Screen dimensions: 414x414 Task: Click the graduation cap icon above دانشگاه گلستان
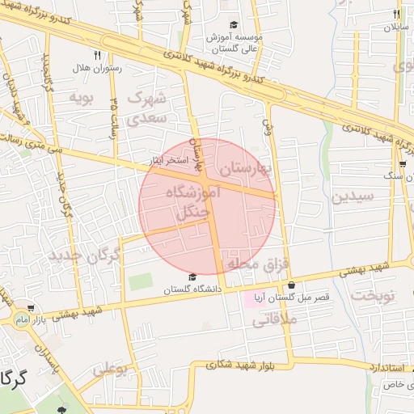point(192,277)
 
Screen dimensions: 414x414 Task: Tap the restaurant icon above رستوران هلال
point(97,56)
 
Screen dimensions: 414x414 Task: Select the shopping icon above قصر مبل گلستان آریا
point(291,285)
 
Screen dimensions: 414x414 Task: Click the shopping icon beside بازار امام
point(31,309)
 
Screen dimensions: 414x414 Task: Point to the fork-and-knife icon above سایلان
point(396,14)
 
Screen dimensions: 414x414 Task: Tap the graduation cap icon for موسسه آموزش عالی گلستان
point(234,25)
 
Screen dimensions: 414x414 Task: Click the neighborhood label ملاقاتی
point(276,320)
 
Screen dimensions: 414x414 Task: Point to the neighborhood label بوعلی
point(111,369)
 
